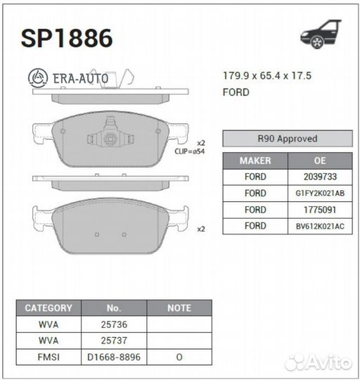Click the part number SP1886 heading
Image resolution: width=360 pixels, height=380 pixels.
(x=67, y=38)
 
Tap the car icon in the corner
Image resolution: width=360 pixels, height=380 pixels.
(x=321, y=34)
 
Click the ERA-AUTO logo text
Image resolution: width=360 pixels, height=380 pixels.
(x=68, y=78)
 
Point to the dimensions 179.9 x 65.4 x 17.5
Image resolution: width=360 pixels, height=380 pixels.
(x=266, y=76)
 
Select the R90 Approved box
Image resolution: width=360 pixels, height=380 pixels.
(x=288, y=139)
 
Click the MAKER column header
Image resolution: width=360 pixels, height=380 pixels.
(x=255, y=160)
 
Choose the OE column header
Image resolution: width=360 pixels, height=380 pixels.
(x=320, y=160)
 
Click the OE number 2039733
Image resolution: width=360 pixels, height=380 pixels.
(x=320, y=177)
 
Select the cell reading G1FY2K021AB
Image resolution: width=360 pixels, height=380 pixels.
(x=320, y=193)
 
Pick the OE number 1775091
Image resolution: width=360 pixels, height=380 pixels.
(x=320, y=210)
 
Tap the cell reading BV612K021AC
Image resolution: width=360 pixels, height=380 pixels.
(x=320, y=226)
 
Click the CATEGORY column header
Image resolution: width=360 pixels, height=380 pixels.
(x=49, y=308)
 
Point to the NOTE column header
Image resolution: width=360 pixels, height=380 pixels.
(x=179, y=308)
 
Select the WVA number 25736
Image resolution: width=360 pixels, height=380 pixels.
(x=114, y=324)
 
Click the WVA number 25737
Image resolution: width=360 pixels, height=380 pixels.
(x=114, y=341)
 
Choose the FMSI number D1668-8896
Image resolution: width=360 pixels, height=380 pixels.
(x=114, y=357)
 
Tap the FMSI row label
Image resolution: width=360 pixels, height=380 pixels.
(x=49, y=357)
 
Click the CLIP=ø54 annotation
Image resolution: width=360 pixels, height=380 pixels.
(x=189, y=151)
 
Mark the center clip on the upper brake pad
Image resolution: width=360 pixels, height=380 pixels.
(x=110, y=137)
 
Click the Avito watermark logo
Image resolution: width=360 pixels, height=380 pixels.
(x=319, y=362)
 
